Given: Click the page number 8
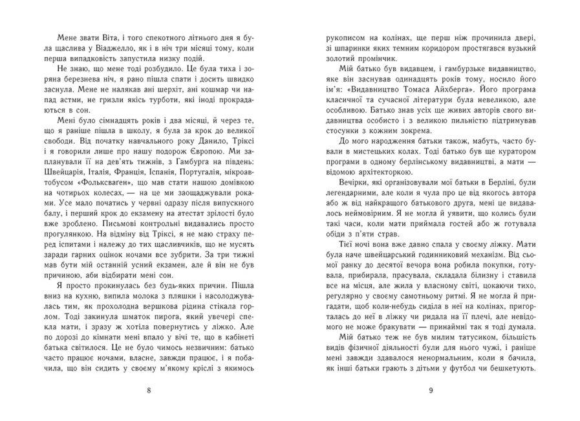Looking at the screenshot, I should pyautogui.click(x=149, y=390).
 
